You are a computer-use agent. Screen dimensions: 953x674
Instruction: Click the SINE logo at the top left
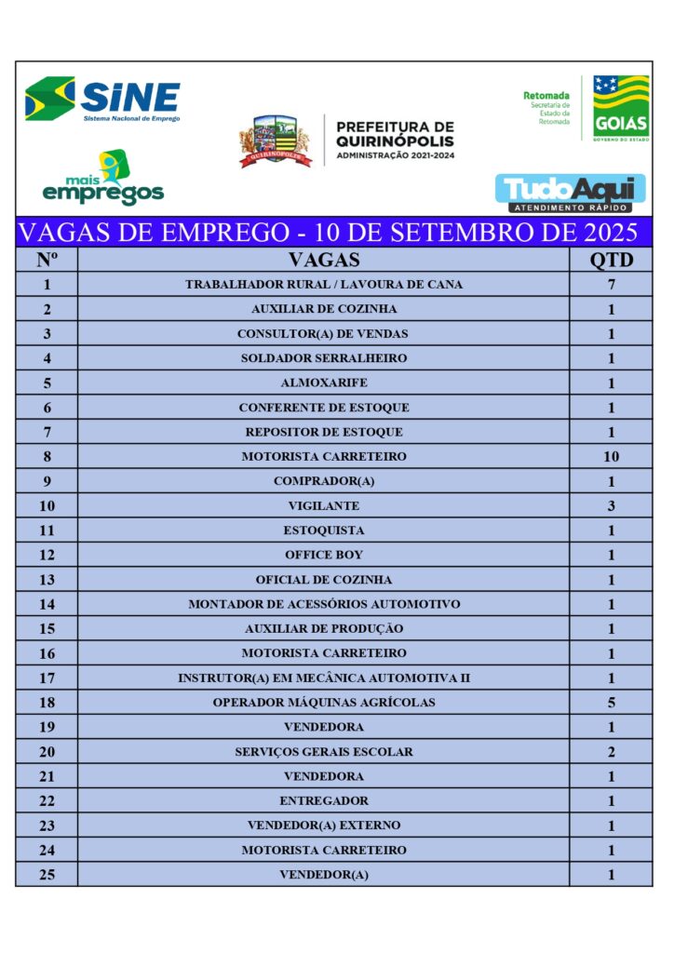pyautogui.click(x=102, y=100)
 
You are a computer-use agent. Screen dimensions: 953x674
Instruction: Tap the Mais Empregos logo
pyautogui.click(x=103, y=180)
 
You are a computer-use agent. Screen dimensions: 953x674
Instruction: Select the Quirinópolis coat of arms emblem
pyautogui.click(x=275, y=141)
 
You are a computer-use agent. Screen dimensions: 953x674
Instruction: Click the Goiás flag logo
pyautogui.click(x=621, y=107)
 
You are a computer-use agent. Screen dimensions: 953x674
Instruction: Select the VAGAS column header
pyautogui.click(x=323, y=260)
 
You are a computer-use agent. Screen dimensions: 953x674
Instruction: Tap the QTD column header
pyautogui.click(x=611, y=260)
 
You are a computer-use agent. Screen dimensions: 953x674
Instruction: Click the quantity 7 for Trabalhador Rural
pyautogui.click(x=611, y=285)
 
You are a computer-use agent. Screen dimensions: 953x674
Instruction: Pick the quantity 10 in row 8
pyautogui.click(x=611, y=457)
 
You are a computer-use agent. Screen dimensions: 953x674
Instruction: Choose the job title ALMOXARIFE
pyautogui.click(x=323, y=383)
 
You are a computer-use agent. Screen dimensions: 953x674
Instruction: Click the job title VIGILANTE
pyautogui.click(x=323, y=506)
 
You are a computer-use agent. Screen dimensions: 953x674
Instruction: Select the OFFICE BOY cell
pyautogui.click(x=323, y=556)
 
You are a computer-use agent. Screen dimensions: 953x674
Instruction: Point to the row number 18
pyautogui.click(x=47, y=703)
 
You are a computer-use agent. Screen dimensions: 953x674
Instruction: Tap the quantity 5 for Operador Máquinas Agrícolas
pyautogui.click(x=611, y=703)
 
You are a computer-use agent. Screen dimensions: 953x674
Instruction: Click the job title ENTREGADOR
pyautogui.click(x=323, y=801)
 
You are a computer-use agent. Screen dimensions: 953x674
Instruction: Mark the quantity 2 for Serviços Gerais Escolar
pyautogui.click(x=611, y=752)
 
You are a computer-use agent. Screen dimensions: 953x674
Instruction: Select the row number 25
pyautogui.click(x=47, y=875)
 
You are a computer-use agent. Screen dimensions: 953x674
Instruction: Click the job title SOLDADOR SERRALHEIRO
pyautogui.click(x=323, y=358)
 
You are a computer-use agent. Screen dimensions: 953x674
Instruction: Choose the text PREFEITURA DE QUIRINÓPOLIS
pyautogui.click(x=395, y=134)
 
